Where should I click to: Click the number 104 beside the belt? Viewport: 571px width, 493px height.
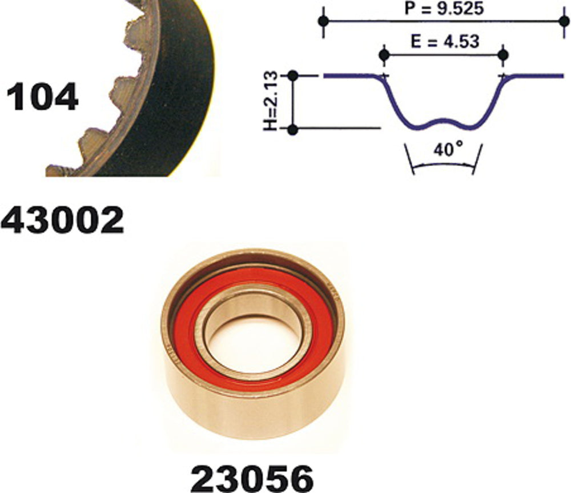click(42, 97)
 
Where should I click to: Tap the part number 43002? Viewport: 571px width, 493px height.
click(62, 220)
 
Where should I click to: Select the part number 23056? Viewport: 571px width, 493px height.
click(252, 478)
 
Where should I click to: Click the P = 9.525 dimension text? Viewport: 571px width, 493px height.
click(444, 9)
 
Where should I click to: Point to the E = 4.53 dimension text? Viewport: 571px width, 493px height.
click(445, 42)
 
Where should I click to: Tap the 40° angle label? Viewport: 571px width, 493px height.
click(448, 149)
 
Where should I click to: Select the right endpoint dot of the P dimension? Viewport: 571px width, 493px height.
click(564, 21)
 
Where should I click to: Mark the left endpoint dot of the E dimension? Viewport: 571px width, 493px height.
click(384, 55)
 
